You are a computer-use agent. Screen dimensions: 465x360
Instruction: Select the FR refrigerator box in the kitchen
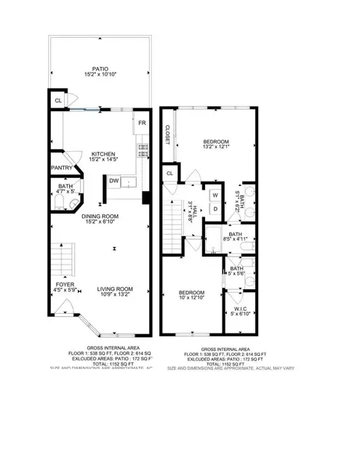(143, 123)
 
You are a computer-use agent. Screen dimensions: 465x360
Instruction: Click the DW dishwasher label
(114, 181)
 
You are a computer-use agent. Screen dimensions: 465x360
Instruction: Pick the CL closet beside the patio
(57, 100)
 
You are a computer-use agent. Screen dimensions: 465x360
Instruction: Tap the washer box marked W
(215, 195)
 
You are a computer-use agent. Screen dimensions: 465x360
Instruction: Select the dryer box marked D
(215, 210)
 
